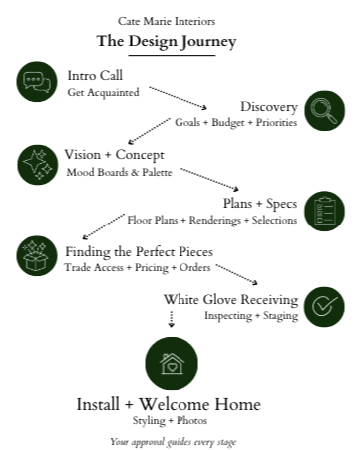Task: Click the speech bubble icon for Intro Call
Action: tap(37, 82)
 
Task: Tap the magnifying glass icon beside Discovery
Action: tap(324, 111)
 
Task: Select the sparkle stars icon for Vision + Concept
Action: tap(38, 165)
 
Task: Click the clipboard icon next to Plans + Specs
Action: tap(324, 211)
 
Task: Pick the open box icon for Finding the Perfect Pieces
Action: tap(37, 256)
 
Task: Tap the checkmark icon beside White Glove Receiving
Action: tap(324, 307)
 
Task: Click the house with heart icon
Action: tap(172, 363)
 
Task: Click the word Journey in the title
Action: tap(208, 42)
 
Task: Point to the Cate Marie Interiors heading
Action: tap(167, 21)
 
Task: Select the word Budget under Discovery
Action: tap(228, 123)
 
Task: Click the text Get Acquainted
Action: tap(103, 92)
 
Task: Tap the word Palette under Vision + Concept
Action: tap(157, 172)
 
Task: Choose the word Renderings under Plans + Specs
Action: tap(215, 220)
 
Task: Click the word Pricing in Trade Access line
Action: tap(152, 268)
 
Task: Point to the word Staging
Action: tap(280, 316)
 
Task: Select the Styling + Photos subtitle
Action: tap(170, 421)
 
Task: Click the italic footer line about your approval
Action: tap(174, 442)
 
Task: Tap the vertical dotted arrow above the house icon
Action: tap(171, 319)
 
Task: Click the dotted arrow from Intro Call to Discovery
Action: tap(179, 98)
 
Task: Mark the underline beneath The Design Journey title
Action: tap(172, 55)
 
